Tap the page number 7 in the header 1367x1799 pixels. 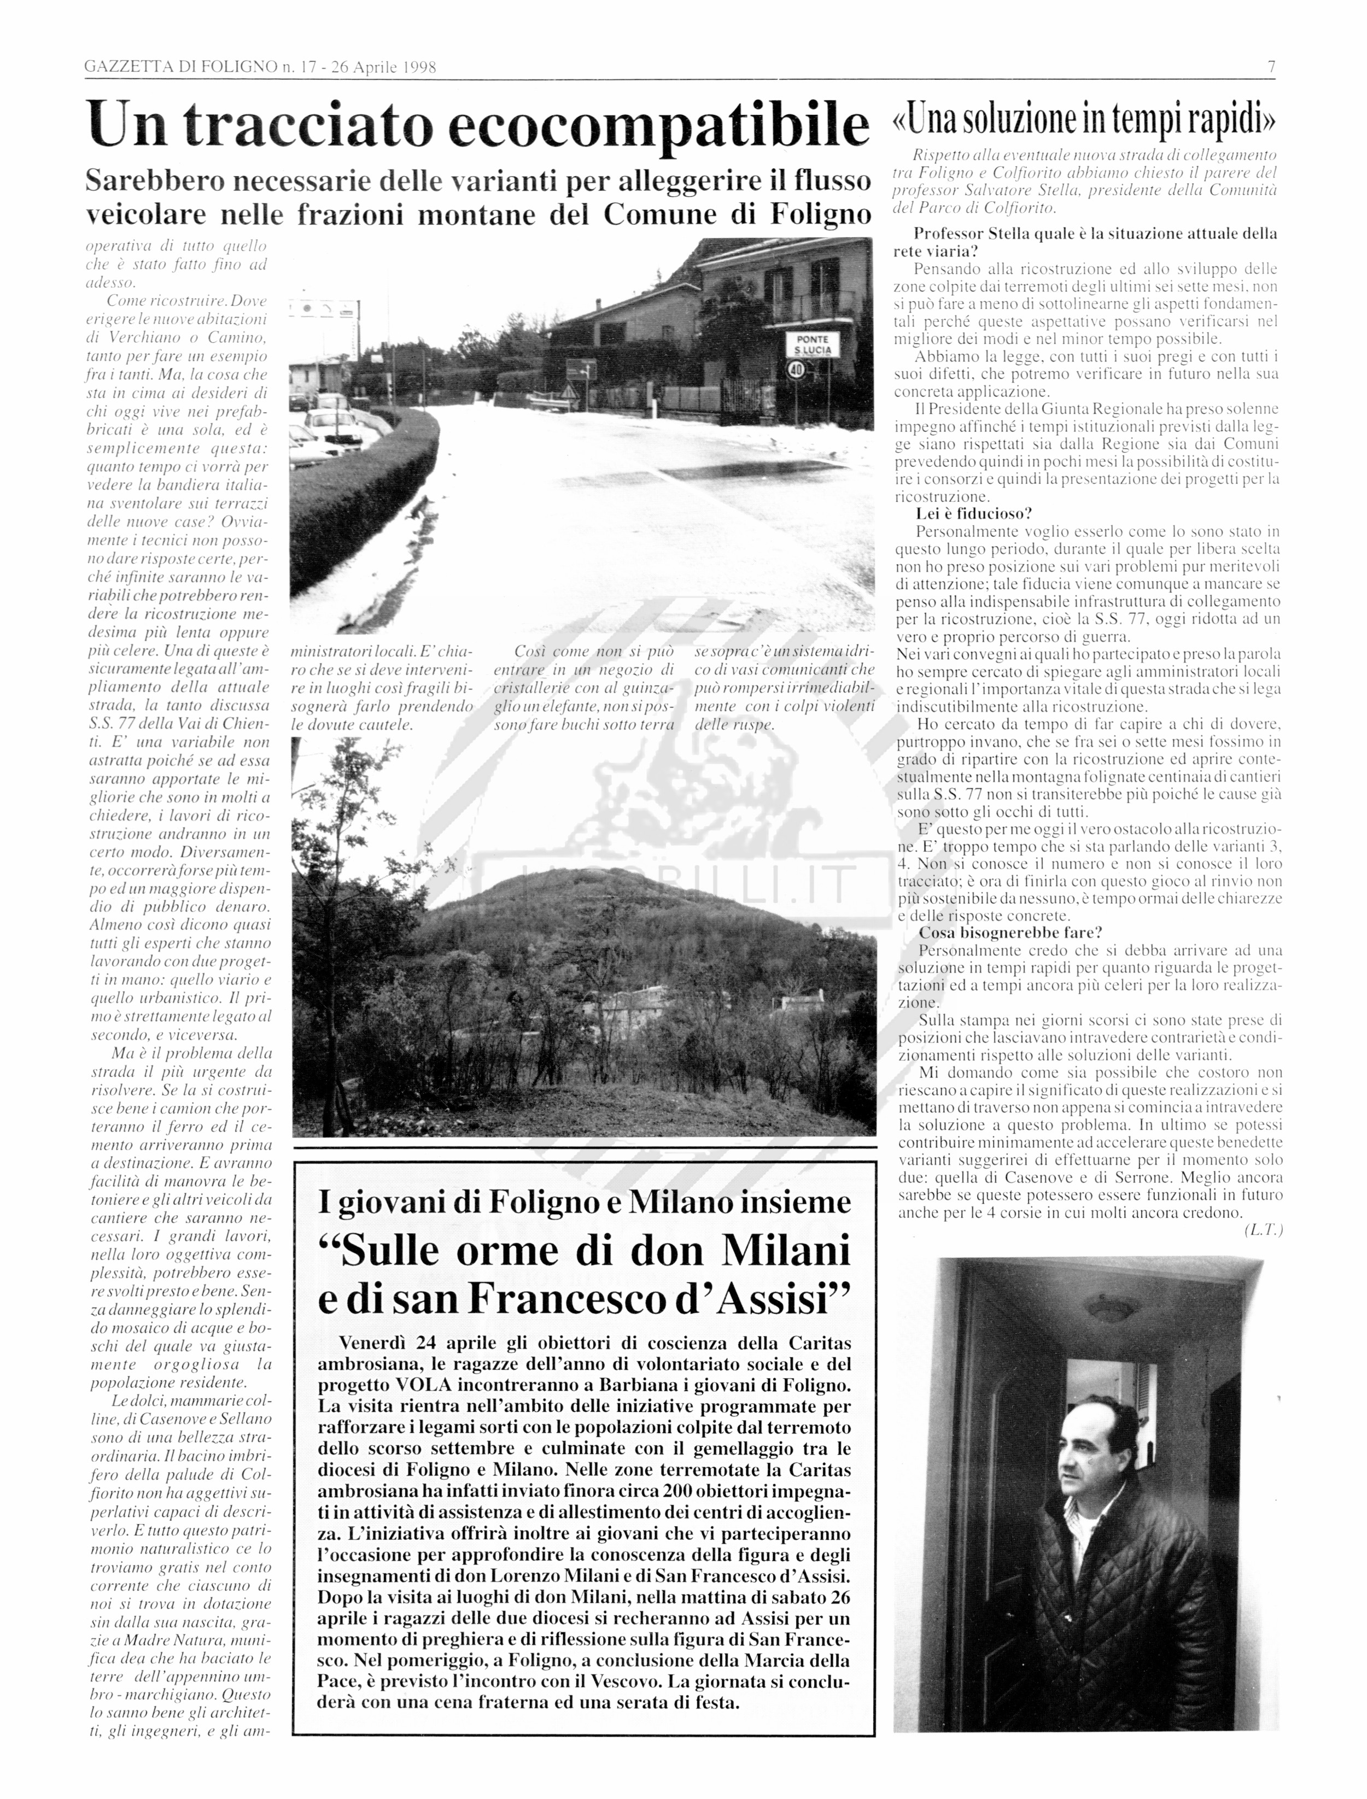pyautogui.click(x=1270, y=67)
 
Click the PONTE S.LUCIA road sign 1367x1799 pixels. pyautogui.click(x=812, y=344)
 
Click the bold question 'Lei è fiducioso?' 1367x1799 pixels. pyautogui.click(x=974, y=513)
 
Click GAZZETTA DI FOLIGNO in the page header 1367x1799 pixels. pyautogui.click(x=180, y=67)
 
